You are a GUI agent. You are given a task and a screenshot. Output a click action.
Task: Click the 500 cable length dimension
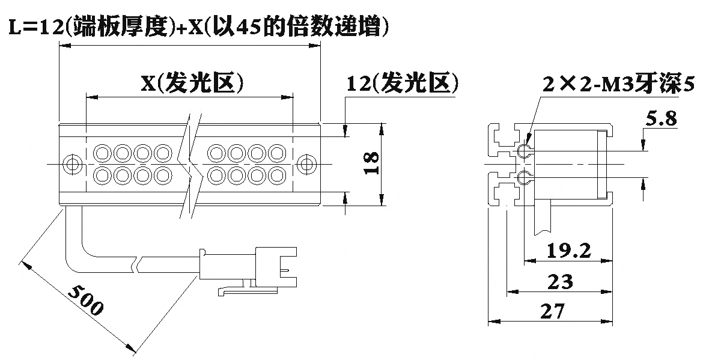point(86,300)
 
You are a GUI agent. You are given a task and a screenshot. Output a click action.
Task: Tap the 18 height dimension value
point(371,163)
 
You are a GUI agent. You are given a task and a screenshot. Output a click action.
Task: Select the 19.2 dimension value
point(568,251)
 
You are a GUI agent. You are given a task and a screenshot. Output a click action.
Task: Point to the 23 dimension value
point(560,282)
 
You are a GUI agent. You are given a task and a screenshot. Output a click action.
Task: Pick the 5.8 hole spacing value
point(661,119)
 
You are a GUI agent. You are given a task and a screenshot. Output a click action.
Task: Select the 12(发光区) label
point(403,84)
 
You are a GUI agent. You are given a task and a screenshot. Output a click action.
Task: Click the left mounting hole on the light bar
point(71,163)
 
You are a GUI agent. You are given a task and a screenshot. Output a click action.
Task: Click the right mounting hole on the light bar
point(308,163)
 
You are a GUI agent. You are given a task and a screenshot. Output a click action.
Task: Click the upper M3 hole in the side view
point(524,150)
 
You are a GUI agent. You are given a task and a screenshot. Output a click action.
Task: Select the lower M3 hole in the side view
point(524,177)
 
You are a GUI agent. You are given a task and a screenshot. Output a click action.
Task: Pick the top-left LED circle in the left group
point(102,152)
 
